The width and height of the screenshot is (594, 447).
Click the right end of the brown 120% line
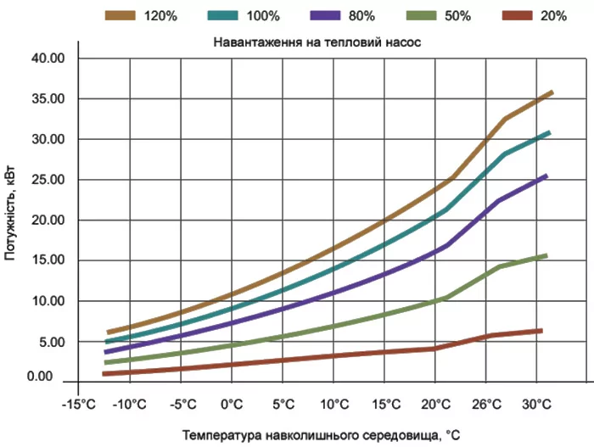pyautogui.click(x=552, y=92)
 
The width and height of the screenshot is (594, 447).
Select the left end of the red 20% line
pyautogui.click(x=103, y=373)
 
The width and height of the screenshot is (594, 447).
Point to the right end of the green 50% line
pyautogui.click(x=546, y=255)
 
